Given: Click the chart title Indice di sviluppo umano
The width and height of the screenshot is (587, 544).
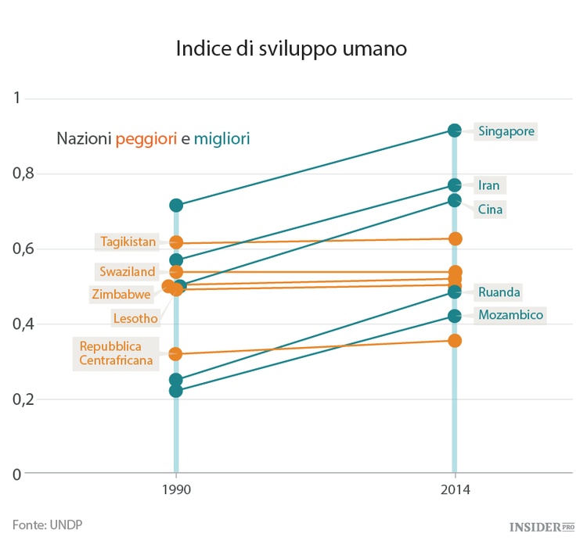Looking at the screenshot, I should tap(291, 48).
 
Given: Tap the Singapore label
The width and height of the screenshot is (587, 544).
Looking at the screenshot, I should tap(506, 131).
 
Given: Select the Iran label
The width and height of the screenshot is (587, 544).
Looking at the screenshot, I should tap(488, 185).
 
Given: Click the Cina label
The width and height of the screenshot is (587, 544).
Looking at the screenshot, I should tap(490, 209).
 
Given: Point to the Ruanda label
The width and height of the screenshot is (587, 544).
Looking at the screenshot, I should tap(499, 292).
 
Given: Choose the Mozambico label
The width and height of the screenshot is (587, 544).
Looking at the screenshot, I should tap(510, 315).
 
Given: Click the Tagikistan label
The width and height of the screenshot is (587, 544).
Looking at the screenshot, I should tap(128, 242).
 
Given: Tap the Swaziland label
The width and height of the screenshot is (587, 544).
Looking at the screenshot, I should tap(128, 272).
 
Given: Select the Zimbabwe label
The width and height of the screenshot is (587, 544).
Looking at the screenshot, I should tap(121, 295).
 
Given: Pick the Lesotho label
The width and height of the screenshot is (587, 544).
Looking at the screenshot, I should tap(135, 318).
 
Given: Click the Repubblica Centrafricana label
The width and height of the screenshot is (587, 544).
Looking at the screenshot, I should tap(116, 353).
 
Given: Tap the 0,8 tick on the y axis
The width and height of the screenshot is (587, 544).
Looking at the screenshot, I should tap(24, 174).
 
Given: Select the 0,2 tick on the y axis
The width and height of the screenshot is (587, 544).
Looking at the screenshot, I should tap(24, 399).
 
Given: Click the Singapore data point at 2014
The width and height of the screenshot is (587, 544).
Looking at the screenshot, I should tap(455, 131).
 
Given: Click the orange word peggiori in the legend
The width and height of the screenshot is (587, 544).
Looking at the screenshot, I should tap(146, 139).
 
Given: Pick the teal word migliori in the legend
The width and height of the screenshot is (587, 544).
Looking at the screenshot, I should tap(222, 139).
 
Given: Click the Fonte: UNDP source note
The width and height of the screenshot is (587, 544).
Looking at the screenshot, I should tap(47, 524).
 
